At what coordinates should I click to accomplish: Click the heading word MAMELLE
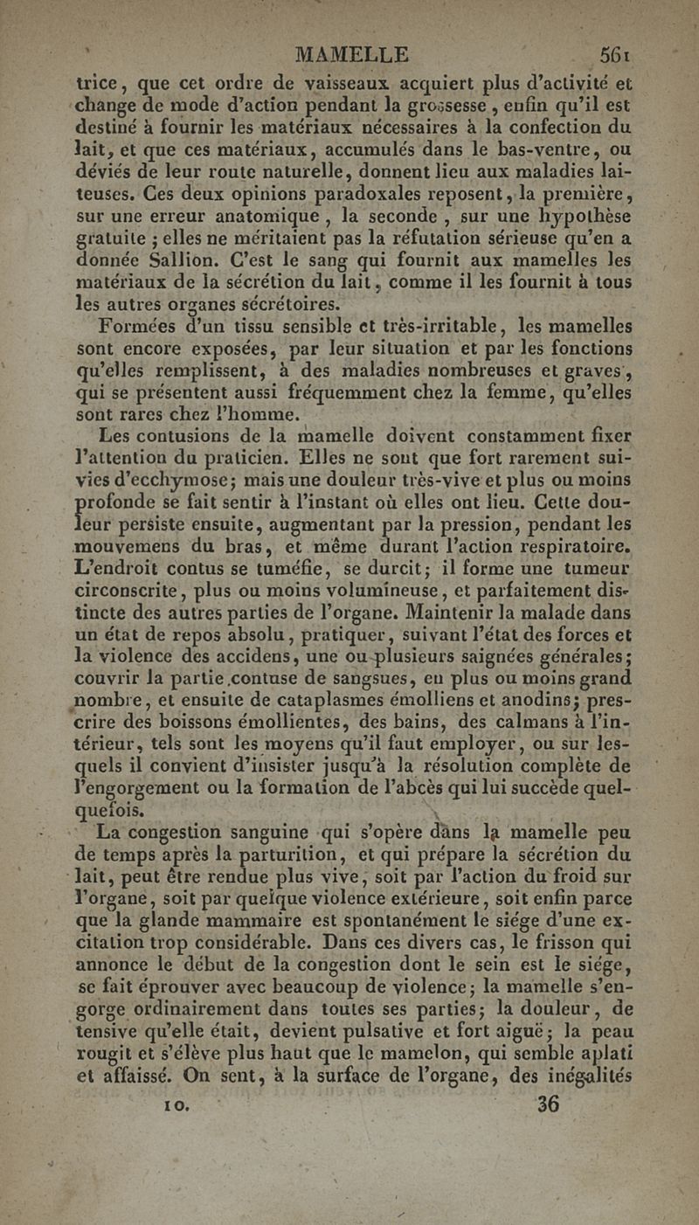[352, 54]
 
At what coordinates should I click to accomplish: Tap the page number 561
[615, 54]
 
